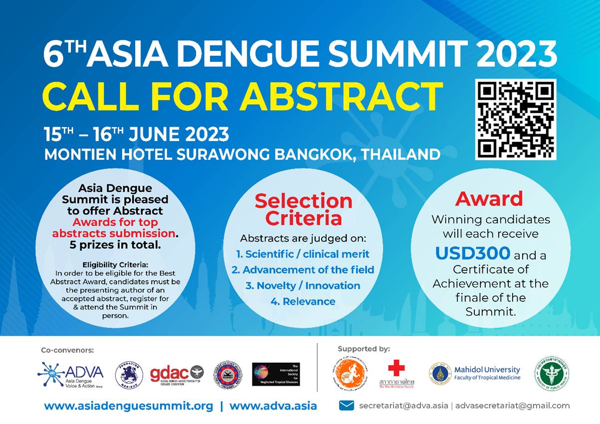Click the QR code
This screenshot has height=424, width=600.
pos(515,119)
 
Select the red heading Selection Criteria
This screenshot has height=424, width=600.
pos(303,210)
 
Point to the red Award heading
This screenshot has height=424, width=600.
pos(489,199)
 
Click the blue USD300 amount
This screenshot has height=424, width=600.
pos(472,254)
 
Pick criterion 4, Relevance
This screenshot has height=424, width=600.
pos(303,301)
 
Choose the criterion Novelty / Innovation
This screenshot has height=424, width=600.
pos(303,285)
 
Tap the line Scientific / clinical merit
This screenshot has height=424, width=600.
pos(303,254)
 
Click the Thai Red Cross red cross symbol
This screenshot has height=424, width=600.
pos(397,369)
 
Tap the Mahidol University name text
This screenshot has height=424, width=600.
pos(487,370)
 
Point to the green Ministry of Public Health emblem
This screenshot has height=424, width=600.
pos(552,373)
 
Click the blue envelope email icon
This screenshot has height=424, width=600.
pos(346,406)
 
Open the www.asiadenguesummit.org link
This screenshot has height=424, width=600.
pos(129,406)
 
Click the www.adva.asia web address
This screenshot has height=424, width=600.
pos(273,406)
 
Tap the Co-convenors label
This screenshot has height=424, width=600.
pos(67,350)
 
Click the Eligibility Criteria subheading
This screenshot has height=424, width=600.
pos(115,265)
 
